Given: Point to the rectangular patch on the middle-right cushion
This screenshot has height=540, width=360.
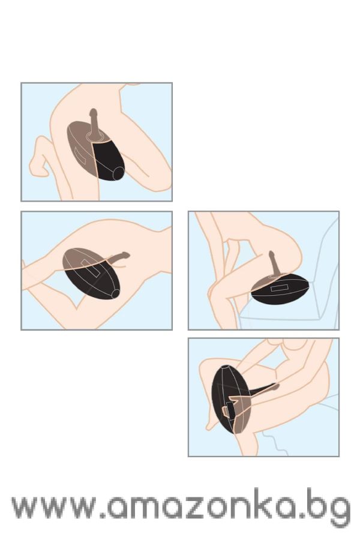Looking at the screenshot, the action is (x=279, y=287).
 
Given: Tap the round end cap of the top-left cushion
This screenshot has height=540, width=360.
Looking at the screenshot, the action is (x=119, y=173).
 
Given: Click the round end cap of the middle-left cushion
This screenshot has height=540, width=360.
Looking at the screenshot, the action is (x=116, y=294).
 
